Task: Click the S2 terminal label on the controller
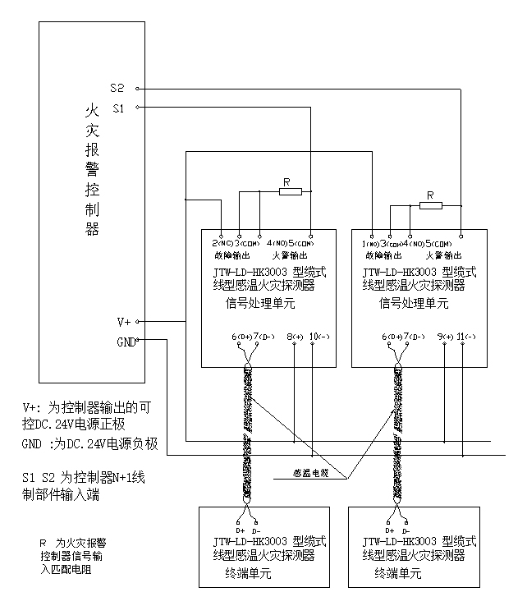point(117,88)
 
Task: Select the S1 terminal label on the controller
point(117,108)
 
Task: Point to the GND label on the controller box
point(126,341)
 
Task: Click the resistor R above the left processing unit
point(291,191)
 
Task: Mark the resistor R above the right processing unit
point(430,204)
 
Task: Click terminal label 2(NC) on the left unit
point(219,244)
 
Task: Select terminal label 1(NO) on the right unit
point(369,244)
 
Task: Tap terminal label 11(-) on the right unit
point(468,337)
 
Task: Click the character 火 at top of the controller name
point(91,109)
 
